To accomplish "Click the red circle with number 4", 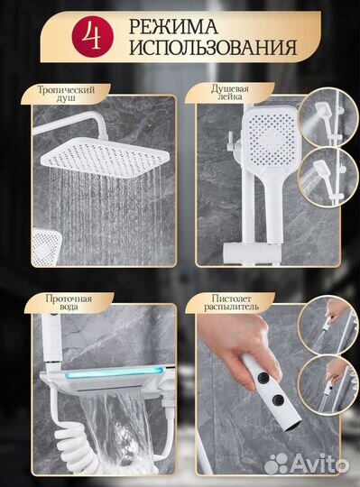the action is click(x=93, y=36).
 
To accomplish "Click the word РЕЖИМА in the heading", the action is click(x=173, y=26).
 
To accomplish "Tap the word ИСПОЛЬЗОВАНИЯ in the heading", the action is click(x=213, y=48).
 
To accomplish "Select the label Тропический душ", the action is click(x=66, y=94).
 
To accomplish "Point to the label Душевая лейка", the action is click(x=230, y=92).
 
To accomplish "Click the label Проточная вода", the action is click(x=69, y=302).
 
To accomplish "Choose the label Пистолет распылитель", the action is click(x=231, y=302).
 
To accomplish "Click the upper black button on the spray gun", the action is click(x=263, y=377).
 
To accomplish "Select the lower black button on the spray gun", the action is click(x=277, y=401).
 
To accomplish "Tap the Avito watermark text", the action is click(x=319, y=464).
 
